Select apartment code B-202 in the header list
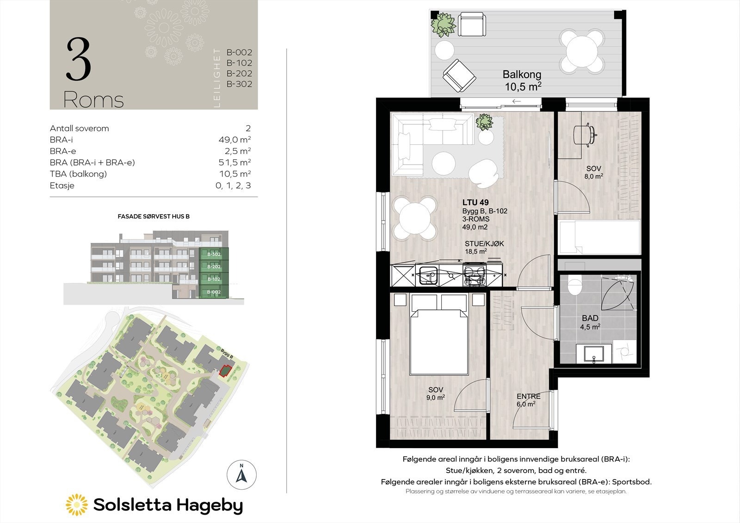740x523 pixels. [239, 73]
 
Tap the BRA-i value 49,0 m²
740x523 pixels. [234, 140]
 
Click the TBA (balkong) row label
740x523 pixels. [78, 174]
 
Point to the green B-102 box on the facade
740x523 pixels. [214, 279]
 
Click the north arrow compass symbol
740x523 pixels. [241, 474]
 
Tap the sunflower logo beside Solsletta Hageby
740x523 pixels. [76, 505]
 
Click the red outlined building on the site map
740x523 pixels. [225, 371]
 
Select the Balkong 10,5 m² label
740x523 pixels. [522, 80]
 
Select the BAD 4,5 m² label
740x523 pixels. [590, 322]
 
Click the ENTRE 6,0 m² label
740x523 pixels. [528, 400]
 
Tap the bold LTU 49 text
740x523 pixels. [475, 203]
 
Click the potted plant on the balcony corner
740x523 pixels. [444, 25]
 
